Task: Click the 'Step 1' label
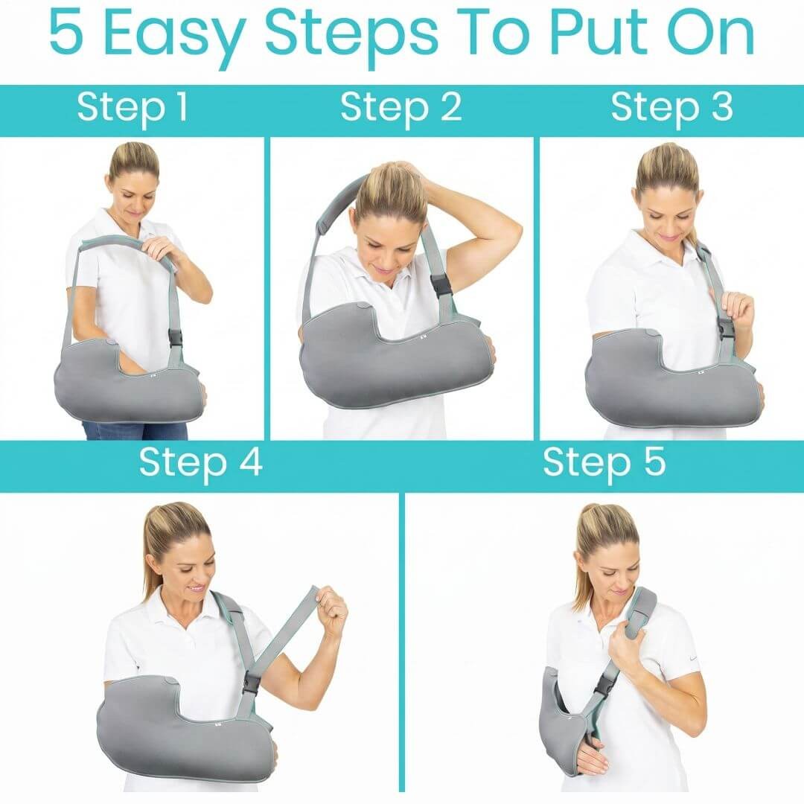(133, 109)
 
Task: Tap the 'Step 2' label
(401, 109)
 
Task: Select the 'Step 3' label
(671, 109)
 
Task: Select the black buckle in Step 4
(252, 683)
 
